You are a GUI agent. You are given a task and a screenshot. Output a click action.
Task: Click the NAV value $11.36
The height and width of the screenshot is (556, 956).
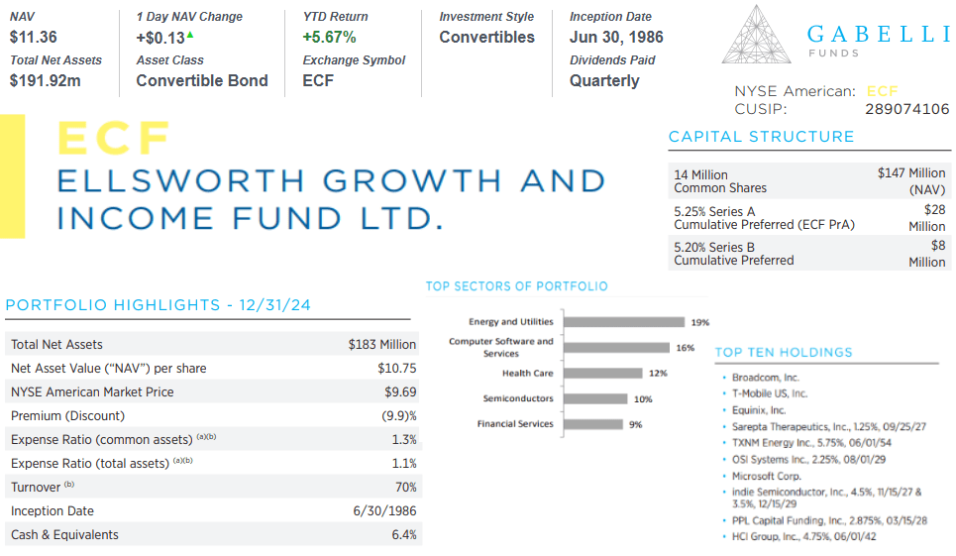point(33,38)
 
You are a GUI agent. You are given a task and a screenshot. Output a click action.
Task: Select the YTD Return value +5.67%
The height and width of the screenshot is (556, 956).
point(329,38)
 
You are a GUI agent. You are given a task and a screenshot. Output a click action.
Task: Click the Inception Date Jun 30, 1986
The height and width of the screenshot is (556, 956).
point(616,38)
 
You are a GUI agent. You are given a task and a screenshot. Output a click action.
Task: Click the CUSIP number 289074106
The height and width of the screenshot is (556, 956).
point(906,109)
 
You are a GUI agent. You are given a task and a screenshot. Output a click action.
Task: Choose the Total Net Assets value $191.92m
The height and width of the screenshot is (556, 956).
point(46,80)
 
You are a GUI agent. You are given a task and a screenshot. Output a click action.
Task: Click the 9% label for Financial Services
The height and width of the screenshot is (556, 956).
point(635,424)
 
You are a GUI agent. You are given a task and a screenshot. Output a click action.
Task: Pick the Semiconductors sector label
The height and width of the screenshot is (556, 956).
point(518,398)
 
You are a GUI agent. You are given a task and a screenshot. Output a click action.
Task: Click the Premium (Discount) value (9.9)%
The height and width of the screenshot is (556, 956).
point(398,416)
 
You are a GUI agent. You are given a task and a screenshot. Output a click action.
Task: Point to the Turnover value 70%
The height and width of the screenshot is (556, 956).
point(404,488)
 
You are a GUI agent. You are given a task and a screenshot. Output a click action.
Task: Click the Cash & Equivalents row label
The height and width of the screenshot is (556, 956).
point(64,535)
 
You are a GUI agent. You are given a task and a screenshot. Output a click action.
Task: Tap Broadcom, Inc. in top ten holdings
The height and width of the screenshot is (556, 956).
point(765,378)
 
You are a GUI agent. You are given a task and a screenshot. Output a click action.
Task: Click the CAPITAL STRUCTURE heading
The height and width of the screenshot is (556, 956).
point(761,137)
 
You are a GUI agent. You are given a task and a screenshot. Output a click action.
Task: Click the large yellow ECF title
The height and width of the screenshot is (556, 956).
point(114,138)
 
